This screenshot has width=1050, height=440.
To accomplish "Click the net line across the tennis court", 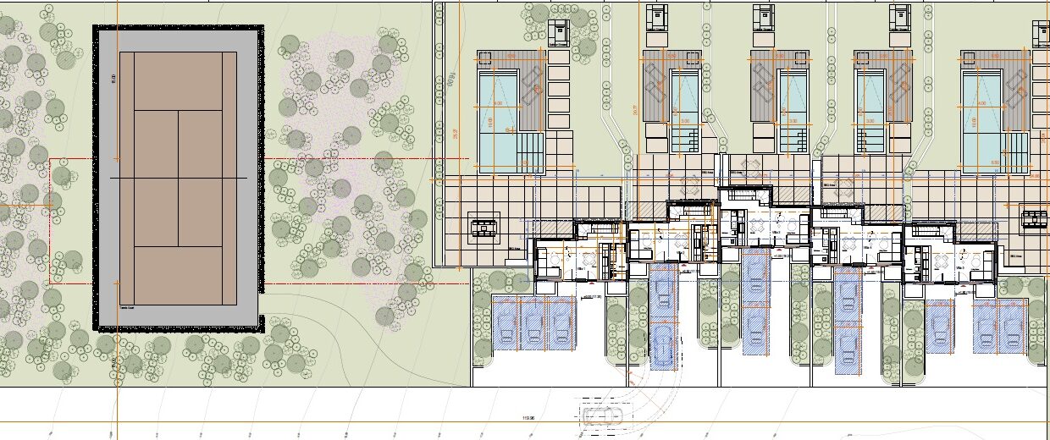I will [178, 179].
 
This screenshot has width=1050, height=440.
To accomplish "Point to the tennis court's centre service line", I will [178, 144].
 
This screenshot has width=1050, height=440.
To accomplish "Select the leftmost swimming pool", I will [498, 118].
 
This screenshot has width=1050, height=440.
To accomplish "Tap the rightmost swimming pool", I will [983, 118].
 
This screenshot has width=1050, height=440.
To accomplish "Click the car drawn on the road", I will [601, 415].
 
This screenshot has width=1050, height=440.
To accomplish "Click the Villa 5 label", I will [961, 265].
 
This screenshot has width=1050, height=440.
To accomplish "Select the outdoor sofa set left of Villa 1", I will [484, 226].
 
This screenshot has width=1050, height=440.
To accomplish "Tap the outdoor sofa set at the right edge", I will [1034, 218].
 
